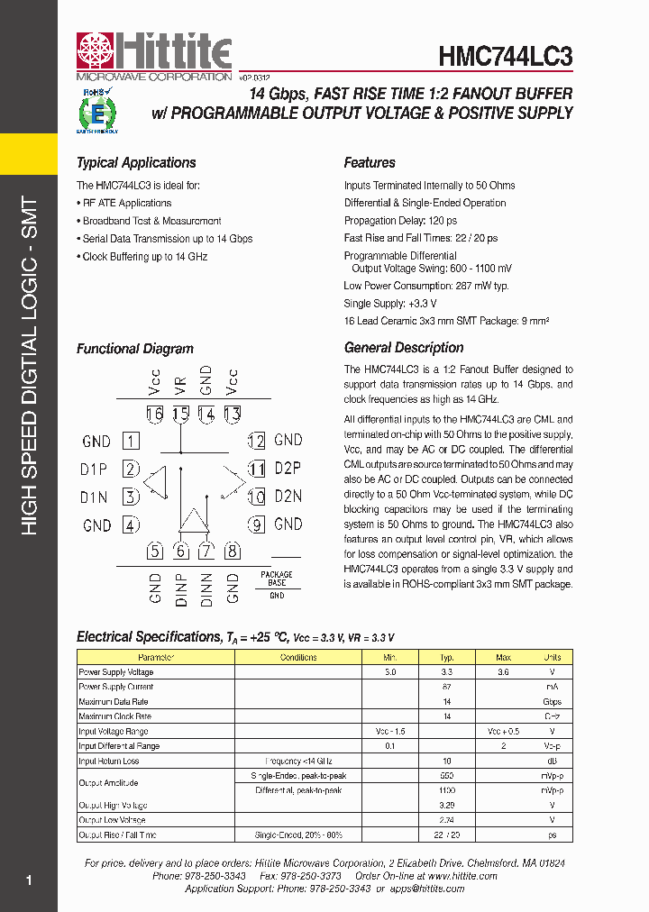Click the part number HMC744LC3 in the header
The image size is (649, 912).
pyautogui.click(x=505, y=56)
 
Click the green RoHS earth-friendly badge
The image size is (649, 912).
pyautogui.click(x=96, y=111)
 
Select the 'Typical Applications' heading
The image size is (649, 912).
pyautogui.click(x=136, y=163)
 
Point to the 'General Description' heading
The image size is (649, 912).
pyautogui.click(x=404, y=348)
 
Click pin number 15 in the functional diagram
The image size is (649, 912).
pyautogui.click(x=181, y=415)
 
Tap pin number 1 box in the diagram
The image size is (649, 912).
pyautogui.click(x=132, y=442)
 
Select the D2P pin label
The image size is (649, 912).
pyautogui.click(x=288, y=469)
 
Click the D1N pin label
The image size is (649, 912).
pyautogui.click(x=95, y=497)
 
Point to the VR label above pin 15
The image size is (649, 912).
pyautogui.click(x=181, y=385)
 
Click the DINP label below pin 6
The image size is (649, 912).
pyautogui.click(x=181, y=588)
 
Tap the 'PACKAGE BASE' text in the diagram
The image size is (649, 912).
pyautogui.click(x=277, y=579)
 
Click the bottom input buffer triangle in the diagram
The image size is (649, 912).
pyautogui.click(x=194, y=520)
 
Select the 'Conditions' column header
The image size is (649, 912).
pyautogui.click(x=298, y=658)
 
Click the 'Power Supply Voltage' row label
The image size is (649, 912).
pyautogui.click(x=116, y=672)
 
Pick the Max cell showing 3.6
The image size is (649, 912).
pyautogui.click(x=503, y=672)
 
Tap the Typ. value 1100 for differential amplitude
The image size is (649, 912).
pyautogui.click(x=446, y=790)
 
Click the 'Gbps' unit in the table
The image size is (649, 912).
pyautogui.click(x=553, y=702)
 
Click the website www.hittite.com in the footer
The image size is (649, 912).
pyautogui.click(x=462, y=876)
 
